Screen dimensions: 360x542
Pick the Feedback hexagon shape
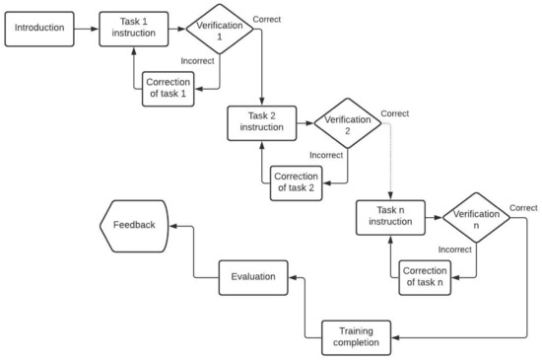[x=133, y=224]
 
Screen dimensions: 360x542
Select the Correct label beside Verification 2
[x=395, y=113]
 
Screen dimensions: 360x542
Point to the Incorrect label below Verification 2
[x=326, y=156]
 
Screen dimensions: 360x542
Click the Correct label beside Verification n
[x=523, y=207]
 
